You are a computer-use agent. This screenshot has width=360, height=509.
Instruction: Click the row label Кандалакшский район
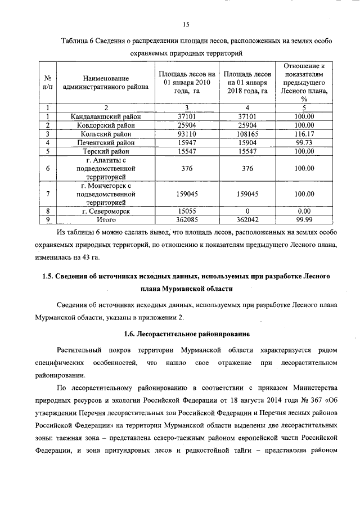coord(106,116)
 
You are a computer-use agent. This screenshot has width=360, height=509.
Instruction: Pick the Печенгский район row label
coord(106,143)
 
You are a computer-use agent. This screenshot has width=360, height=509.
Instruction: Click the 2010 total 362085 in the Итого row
coord(186,220)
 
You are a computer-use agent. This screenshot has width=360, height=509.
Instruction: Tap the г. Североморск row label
coord(106,211)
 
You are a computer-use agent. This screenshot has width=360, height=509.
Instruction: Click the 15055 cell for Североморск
coord(186,211)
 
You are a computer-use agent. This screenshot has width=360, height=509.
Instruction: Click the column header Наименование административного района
coord(106,83)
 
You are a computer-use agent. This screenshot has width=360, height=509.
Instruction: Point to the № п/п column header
coord(48,83)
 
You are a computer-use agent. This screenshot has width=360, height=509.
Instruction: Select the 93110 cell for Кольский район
coord(186,134)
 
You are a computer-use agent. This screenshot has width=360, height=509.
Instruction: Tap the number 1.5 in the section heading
coord(48,277)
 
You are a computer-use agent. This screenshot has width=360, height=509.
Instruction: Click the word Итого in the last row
coord(106,220)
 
